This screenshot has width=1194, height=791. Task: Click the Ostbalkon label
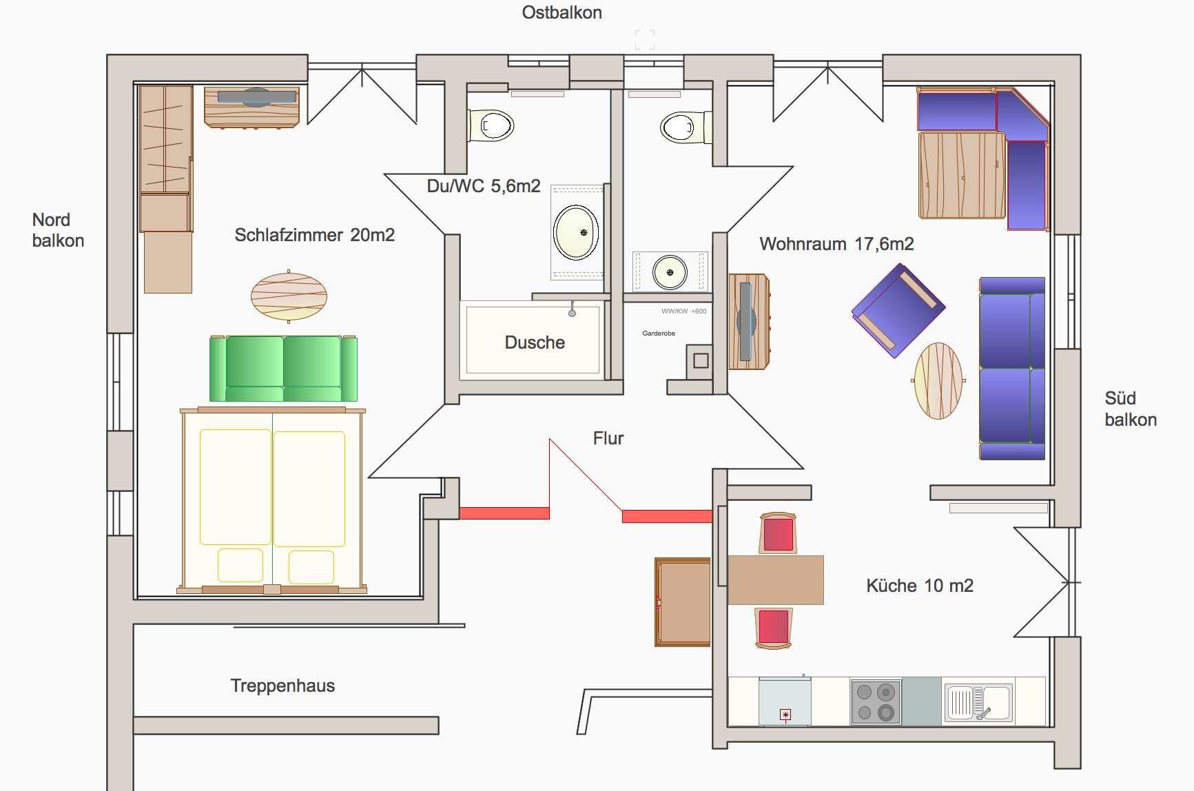(x=562, y=13)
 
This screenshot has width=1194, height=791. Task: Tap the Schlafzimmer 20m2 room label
(x=314, y=235)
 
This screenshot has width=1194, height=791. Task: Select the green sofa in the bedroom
(x=283, y=368)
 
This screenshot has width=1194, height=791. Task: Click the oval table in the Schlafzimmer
(x=289, y=296)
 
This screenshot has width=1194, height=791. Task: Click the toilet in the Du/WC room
(x=492, y=126)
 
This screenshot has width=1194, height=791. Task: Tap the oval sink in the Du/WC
(x=576, y=232)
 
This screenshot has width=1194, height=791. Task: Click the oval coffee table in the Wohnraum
(x=938, y=380)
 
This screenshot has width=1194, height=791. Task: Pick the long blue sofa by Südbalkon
(x=1011, y=369)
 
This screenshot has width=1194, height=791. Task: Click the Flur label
(x=608, y=438)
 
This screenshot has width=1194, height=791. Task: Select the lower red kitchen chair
(x=773, y=627)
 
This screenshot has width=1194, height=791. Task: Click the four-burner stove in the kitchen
(x=876, y=701)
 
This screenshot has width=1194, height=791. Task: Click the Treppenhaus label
(x=282, y=686)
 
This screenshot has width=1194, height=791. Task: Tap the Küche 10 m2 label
(x=919, y=586)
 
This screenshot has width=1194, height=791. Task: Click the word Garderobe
(x=659, y=333)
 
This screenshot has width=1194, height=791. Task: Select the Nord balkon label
(x=58, y=230)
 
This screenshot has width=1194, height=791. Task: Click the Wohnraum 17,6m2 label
(x=836, y=244)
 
